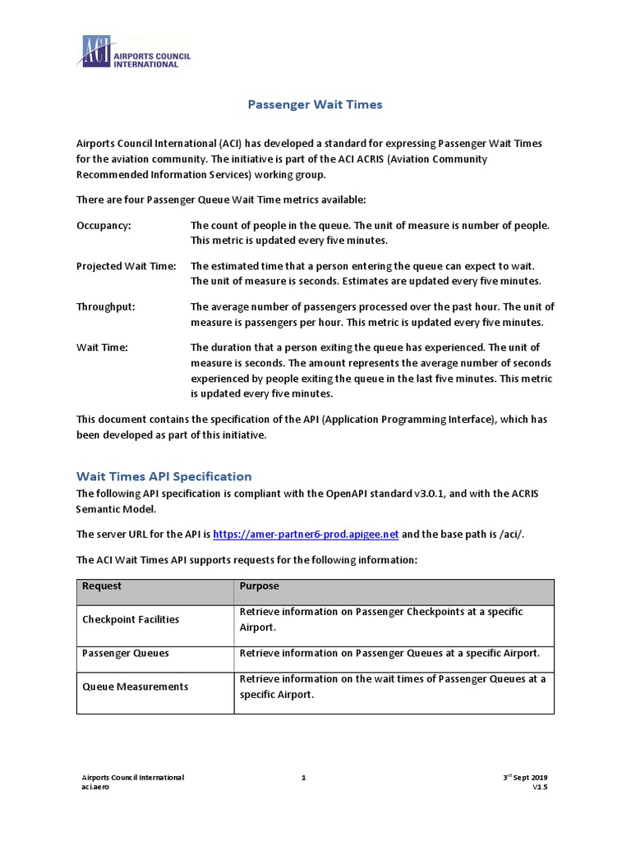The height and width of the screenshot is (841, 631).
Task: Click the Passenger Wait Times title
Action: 315,104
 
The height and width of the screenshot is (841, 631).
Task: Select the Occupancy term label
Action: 104,225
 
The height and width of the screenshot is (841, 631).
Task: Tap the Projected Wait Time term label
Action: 126,266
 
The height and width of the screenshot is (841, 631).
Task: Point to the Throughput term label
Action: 106,306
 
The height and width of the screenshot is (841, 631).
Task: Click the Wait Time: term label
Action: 102,347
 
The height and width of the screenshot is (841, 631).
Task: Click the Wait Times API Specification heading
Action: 164,476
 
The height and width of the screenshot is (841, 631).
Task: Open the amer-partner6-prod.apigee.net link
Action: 306,534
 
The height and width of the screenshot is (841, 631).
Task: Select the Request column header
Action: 101,586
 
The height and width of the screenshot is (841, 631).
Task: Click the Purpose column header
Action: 259,586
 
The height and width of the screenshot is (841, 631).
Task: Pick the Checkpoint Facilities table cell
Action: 130,619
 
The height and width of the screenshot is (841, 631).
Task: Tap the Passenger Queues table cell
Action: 125,653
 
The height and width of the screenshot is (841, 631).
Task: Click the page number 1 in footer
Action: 303,777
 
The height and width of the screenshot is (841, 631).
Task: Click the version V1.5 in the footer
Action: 539,787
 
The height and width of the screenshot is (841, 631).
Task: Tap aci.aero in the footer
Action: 95,787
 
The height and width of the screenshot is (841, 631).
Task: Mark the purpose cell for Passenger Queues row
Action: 389,653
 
